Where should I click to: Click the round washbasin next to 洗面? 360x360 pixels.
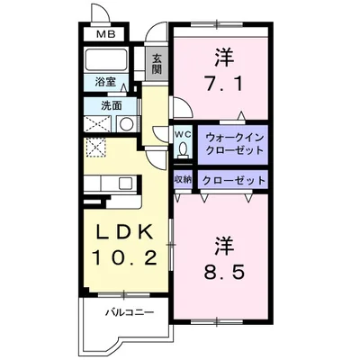[127, 123]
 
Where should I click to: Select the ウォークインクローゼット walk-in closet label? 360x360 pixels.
[232, 143]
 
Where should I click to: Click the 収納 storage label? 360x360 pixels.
[182, 179]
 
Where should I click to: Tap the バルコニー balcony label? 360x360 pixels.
[126, 312]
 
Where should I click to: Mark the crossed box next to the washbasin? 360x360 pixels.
[98, 124]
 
